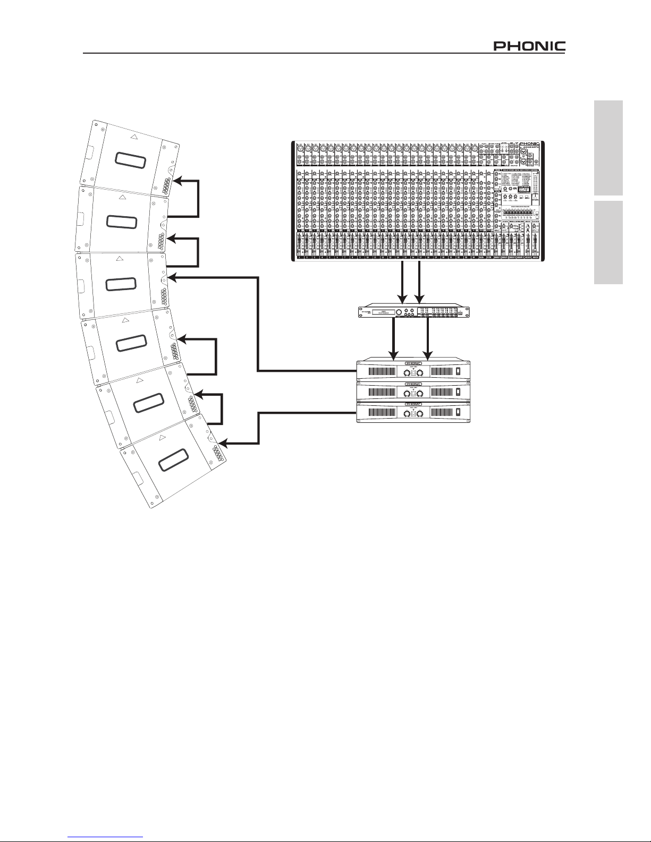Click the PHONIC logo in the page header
coord(529,46)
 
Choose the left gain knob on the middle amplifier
coord(406,394)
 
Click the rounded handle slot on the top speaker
coord(130,160)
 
